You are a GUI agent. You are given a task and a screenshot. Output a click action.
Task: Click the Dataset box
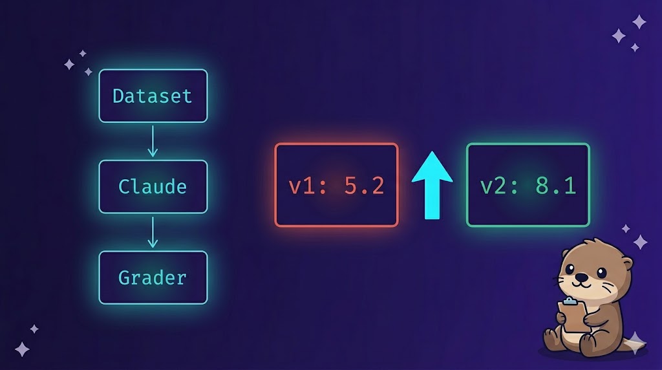coord(153,96)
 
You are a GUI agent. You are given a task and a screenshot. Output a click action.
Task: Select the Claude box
coord(153,186)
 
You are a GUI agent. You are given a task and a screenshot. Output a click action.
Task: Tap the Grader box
coord(153,277)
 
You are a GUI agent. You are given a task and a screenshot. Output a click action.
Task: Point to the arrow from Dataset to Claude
coord(153,141)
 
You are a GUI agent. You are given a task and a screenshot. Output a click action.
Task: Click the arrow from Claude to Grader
coord(153,232)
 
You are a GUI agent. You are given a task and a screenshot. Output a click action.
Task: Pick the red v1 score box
coord(336,185)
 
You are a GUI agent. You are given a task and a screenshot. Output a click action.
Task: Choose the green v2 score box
coord(528,185)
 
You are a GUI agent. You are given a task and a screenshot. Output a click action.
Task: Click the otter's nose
coord(582,276)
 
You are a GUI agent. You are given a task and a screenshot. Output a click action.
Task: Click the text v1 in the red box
coord(303,186)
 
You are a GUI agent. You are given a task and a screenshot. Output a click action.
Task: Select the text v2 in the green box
coord(494,186)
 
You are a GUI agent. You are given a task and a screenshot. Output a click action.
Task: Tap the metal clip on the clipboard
coord(569,301)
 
